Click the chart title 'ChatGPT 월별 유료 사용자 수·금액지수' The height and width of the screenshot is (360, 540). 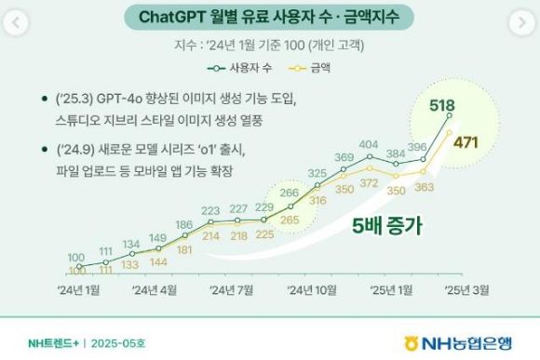click(269, 18)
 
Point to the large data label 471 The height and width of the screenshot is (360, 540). click(465, 141)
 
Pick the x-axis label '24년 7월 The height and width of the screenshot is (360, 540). click(232, 290)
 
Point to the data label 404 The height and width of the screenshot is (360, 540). click(369, 145)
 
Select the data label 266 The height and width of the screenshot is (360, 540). click(288, 193)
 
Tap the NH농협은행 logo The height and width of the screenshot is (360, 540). click(458, 340)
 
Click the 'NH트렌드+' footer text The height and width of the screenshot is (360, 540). click(53, 341)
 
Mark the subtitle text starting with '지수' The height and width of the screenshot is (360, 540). click(269, 45)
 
